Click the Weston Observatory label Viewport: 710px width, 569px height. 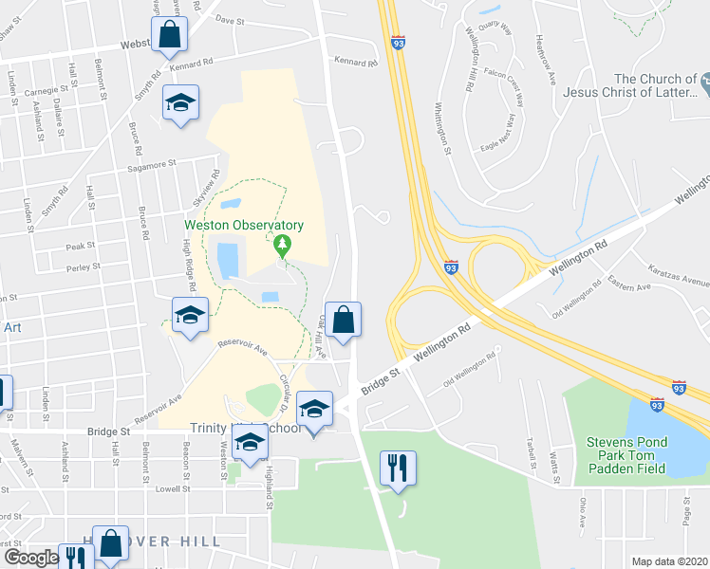[x=245, y=225]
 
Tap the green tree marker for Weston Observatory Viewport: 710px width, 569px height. [x=282, y=246]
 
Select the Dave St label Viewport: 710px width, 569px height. [x=230, y=19]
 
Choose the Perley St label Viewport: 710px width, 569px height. [x=84, y=267]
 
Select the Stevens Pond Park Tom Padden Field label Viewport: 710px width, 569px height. [x=626, y=455]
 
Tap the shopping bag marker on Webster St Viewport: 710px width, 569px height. [x=169, y=35]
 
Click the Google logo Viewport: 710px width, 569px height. [x=30, y=559]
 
